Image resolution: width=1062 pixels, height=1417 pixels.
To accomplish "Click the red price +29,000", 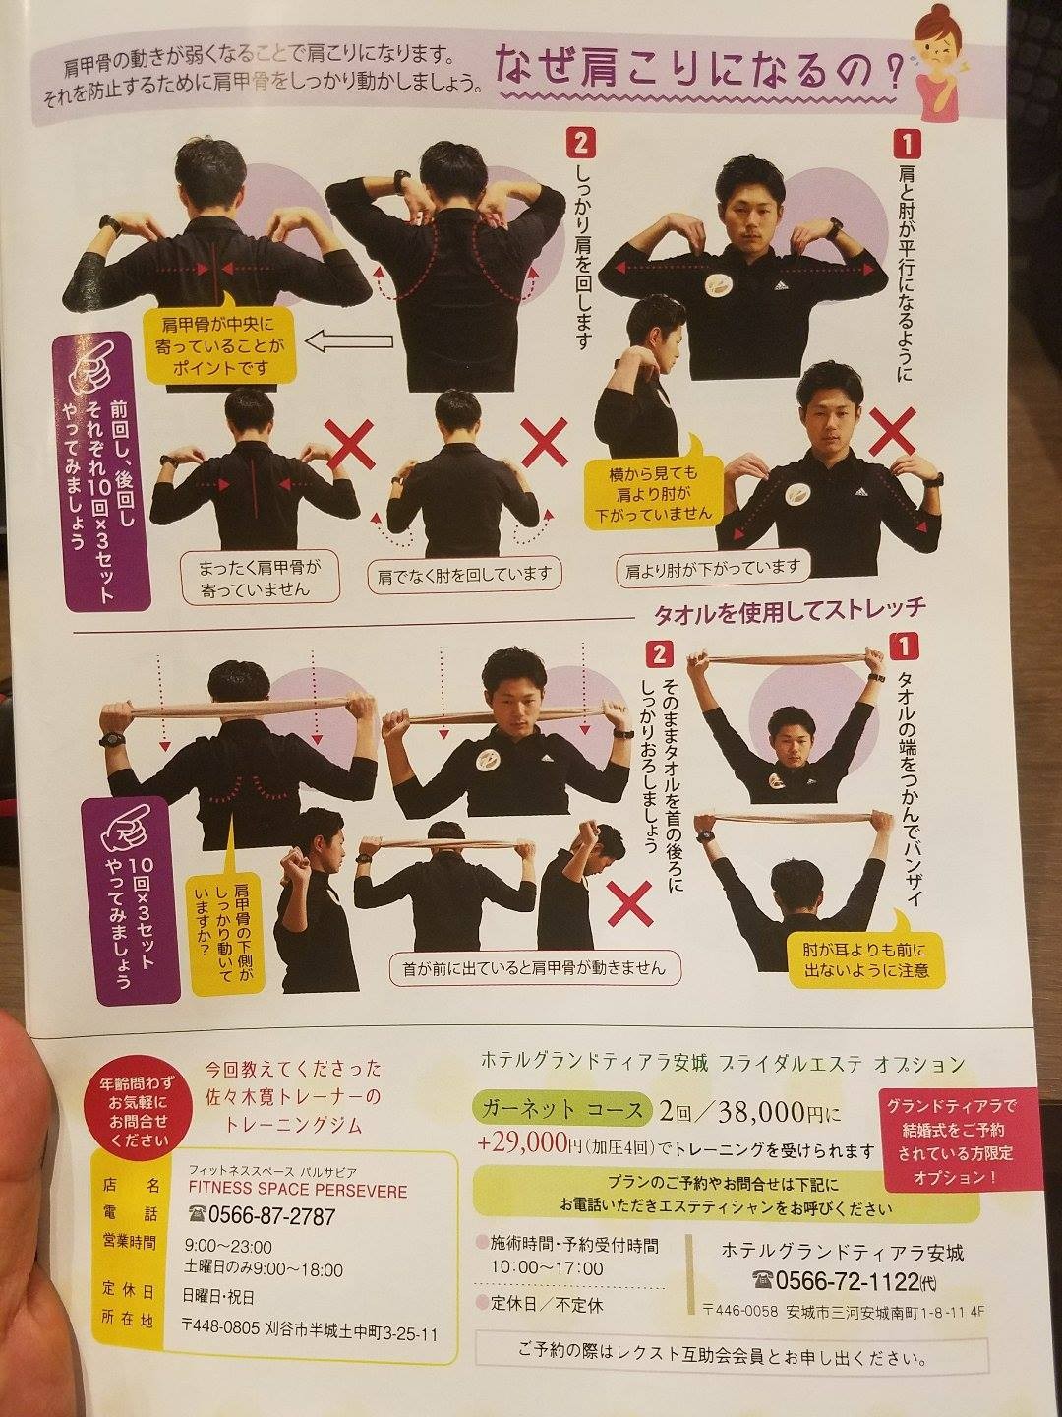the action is pos(521,1143).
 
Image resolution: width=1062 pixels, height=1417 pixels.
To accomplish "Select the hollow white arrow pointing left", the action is pos(348,342).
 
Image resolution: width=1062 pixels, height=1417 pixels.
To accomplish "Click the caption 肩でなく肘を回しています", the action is pos(463,574).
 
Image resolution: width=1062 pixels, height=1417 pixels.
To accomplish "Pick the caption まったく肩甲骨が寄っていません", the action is pos(260,577).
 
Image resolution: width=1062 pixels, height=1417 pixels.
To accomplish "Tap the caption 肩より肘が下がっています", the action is pos(712,568).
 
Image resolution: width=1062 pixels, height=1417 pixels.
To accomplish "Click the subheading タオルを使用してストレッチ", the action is pos(790,610).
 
